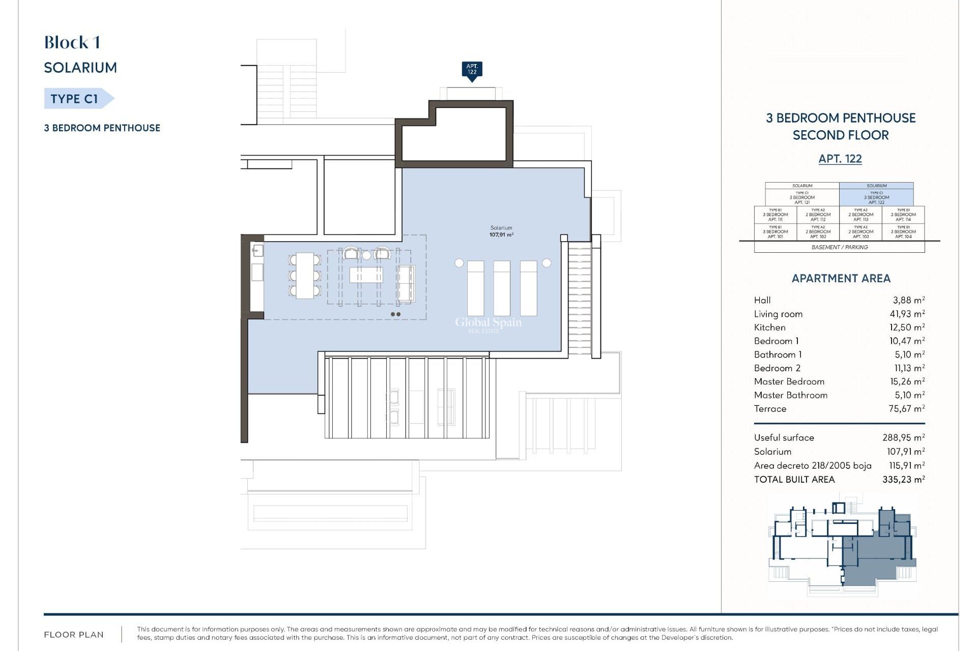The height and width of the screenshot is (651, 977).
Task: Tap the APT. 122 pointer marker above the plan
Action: (472, 70)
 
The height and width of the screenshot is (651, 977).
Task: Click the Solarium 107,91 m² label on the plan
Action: (501, 231)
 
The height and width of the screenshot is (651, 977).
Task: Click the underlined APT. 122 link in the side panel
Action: (840, 159)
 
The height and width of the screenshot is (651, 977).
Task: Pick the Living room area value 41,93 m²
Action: (907, 314)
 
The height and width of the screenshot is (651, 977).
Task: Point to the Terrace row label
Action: (770, 409)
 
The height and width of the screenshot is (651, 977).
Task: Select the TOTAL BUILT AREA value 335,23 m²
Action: (903, 480)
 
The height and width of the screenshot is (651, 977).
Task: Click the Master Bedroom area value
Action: (907, 381)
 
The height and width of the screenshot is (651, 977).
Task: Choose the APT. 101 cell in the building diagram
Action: (775, 232)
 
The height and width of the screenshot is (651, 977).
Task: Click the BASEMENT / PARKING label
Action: (839, 247)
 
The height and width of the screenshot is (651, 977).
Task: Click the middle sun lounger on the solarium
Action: (502, 288)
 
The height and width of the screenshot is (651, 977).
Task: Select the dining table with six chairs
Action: (305, 276)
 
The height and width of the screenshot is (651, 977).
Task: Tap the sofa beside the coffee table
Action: (406, 283)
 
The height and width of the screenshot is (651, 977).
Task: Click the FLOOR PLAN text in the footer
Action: (74, 635)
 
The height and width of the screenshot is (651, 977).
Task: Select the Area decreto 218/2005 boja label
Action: (812, 466)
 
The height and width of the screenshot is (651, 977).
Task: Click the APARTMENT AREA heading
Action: (841, 279)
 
